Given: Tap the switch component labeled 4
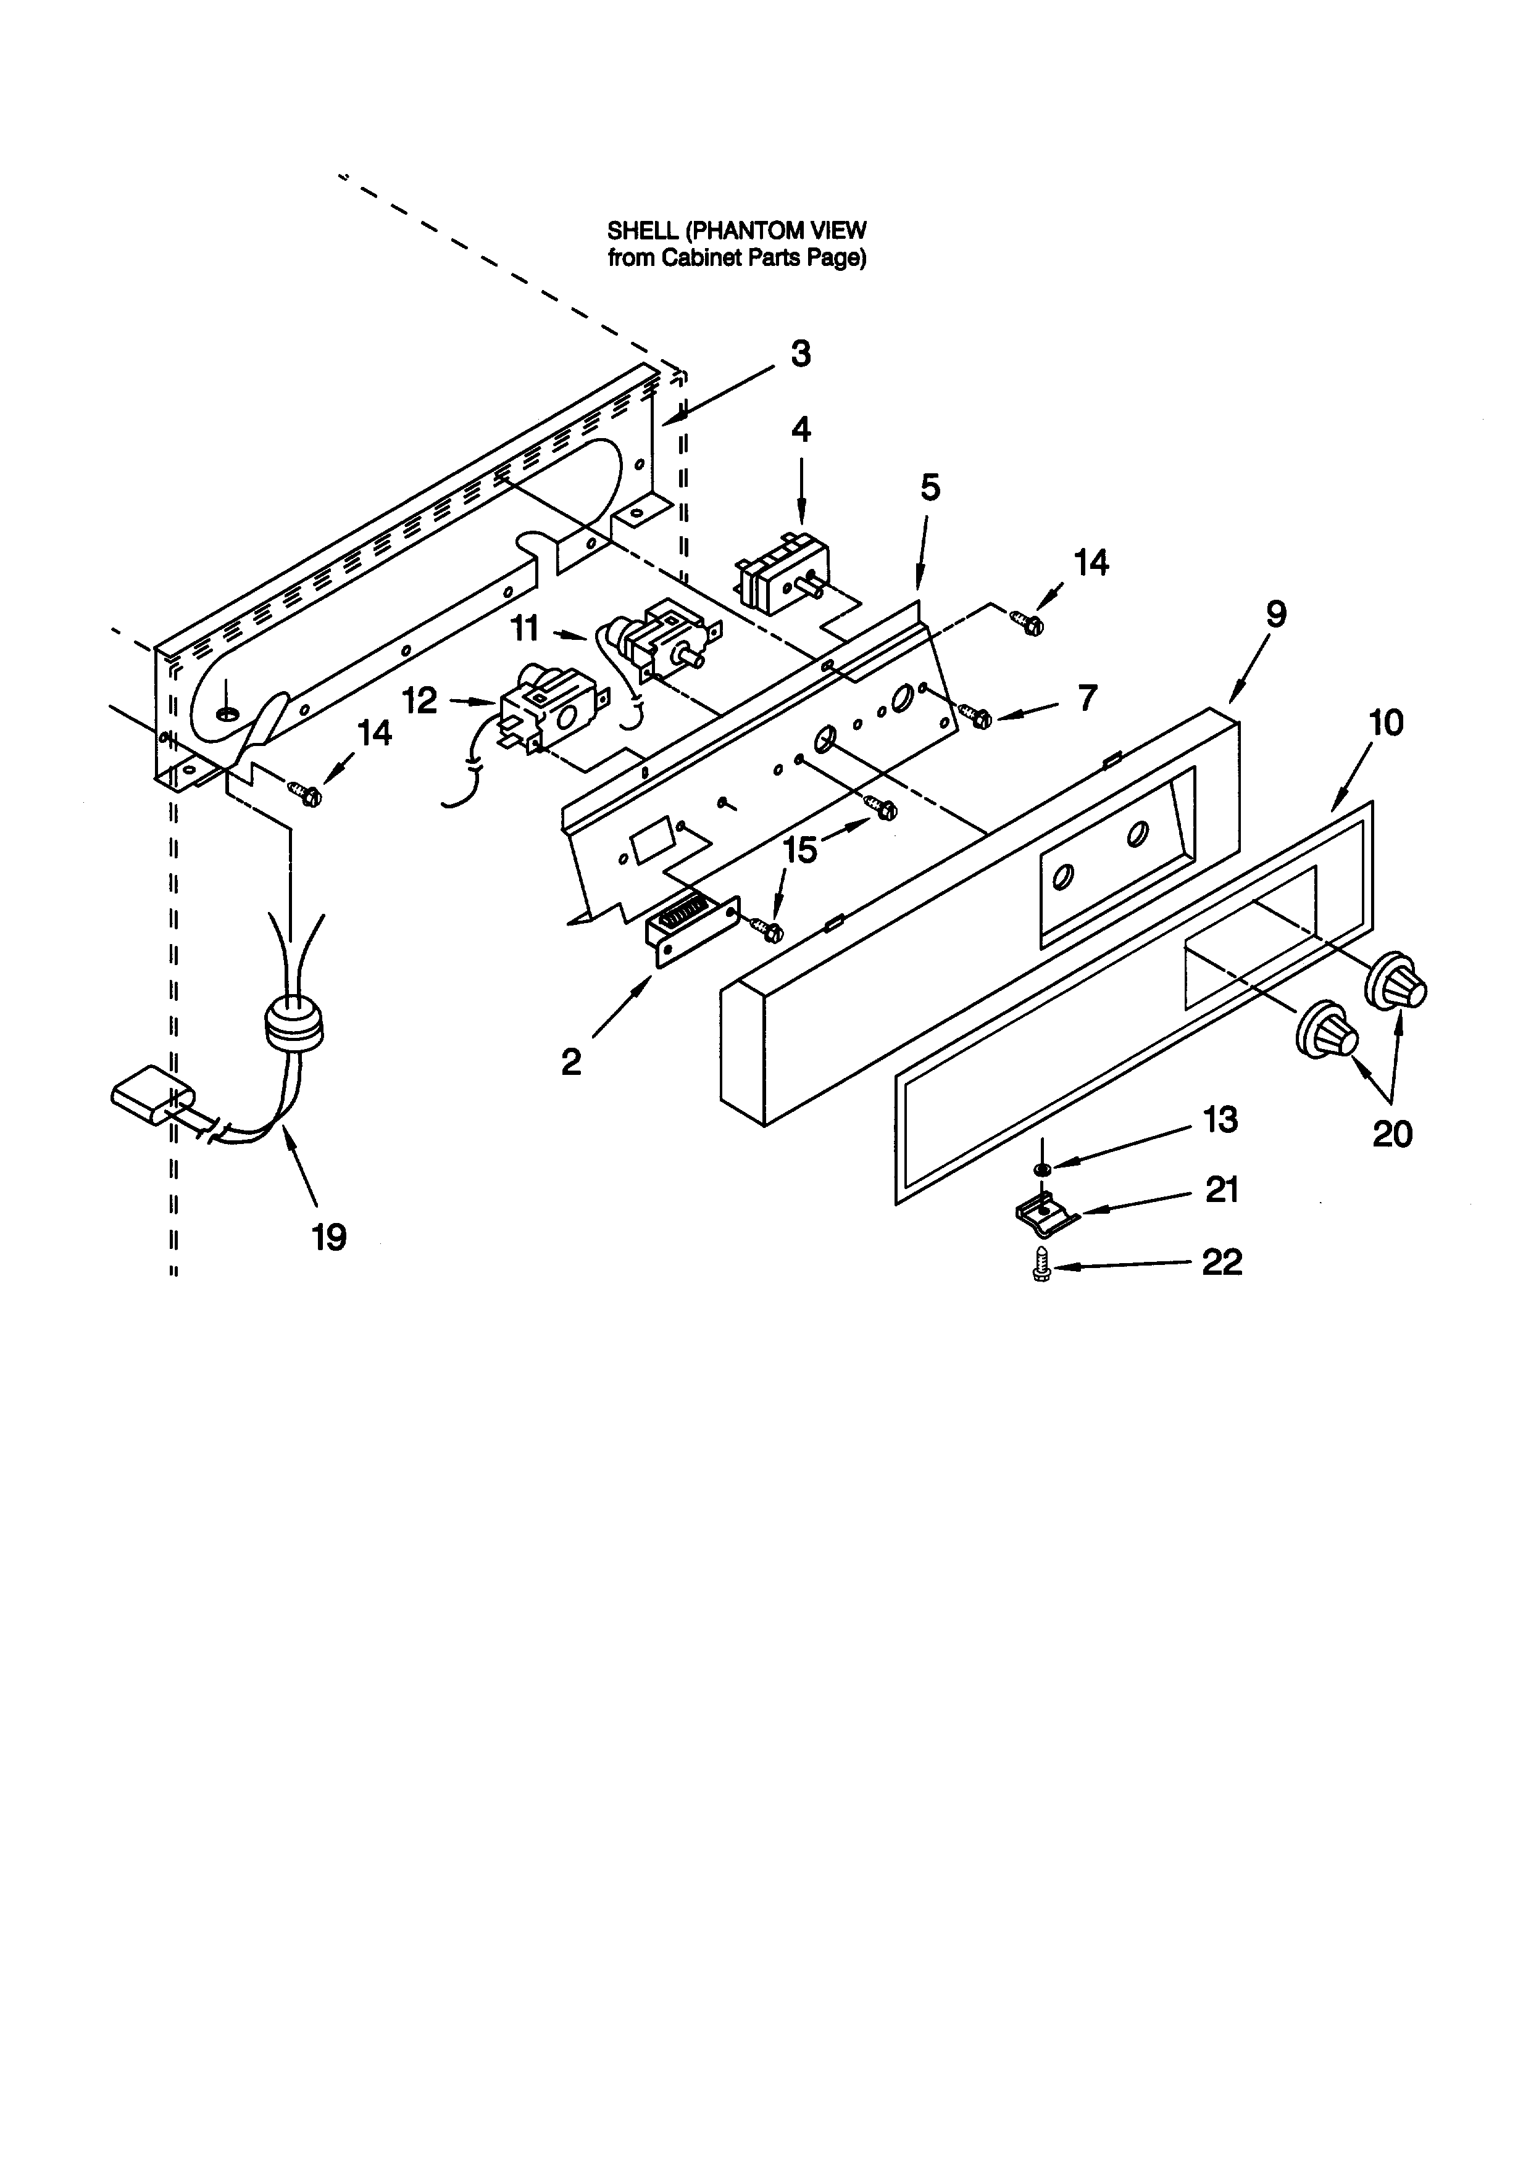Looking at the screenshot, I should click(x=782, y=571).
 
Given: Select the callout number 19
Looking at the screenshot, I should click(x=329, y=1237).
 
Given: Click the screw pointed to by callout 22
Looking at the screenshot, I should click(x=1041, y=1264).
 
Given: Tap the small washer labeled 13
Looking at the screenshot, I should click(x=1041, y=1170).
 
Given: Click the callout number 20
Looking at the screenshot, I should click(x=1391, y=1134).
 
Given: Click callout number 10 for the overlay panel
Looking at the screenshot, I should click(x=1385, y=723).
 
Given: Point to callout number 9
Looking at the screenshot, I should click(x=1275, y=615).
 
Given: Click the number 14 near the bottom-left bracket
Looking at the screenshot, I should click(x=374, y=732).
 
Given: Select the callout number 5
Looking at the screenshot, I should click(x=930, y=488).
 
